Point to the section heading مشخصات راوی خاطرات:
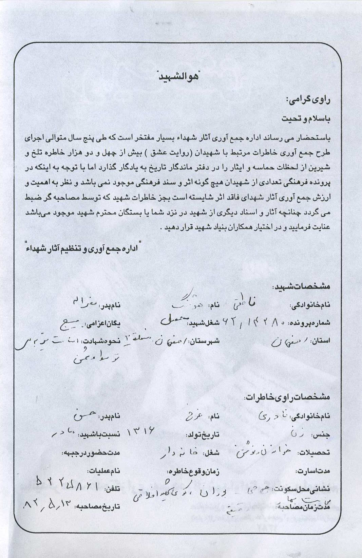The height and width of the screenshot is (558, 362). pos(287,397)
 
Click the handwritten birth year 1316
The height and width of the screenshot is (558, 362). pos(140,431)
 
